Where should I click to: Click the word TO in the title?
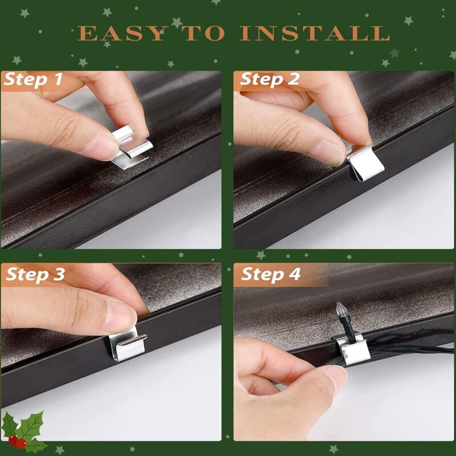(205, 33)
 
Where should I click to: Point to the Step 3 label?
(35, 274)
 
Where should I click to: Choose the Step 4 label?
(271, 274)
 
